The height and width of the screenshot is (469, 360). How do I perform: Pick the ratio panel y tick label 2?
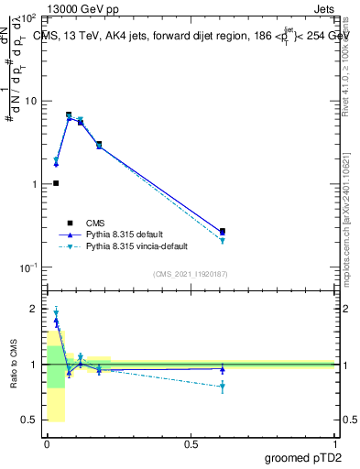34,309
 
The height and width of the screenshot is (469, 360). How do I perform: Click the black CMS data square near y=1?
56,183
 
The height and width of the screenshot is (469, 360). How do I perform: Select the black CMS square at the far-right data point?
223,232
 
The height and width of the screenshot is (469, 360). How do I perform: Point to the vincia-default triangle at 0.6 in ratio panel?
223,387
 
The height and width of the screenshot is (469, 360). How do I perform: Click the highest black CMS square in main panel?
69,115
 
